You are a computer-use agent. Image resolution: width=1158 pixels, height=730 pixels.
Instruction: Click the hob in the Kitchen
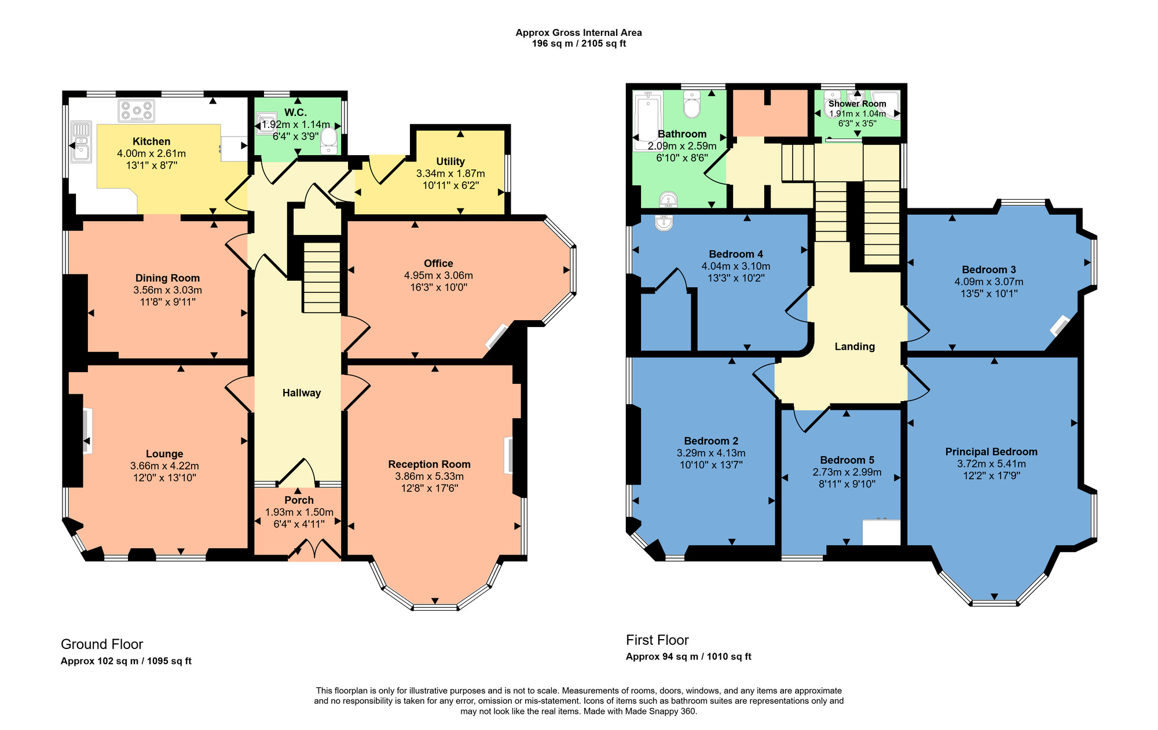137,111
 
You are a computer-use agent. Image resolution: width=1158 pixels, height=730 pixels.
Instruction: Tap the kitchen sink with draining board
81,142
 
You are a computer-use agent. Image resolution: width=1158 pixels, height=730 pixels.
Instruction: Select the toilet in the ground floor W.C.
329,141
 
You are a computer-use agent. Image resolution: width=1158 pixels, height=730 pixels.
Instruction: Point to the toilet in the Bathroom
692,104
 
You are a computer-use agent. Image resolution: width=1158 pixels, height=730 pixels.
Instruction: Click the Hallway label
302,393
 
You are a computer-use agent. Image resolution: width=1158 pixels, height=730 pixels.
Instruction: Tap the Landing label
855,347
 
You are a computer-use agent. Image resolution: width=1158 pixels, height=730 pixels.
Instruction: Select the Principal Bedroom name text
991,452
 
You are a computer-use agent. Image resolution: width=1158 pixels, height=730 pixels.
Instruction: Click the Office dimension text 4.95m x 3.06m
438,276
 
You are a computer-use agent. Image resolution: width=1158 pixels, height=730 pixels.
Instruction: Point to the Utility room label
450,162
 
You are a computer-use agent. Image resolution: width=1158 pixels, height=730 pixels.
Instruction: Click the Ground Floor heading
102,644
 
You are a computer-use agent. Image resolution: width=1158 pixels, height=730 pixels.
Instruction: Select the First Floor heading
657,640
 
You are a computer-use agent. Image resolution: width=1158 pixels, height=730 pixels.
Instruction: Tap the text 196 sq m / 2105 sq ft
579,43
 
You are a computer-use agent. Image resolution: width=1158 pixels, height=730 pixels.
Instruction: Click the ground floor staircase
322,277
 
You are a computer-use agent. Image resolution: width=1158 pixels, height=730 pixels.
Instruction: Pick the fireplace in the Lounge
86,431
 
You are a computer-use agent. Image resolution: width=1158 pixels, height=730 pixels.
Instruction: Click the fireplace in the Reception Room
509,456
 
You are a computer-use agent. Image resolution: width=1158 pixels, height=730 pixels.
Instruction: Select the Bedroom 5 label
847,460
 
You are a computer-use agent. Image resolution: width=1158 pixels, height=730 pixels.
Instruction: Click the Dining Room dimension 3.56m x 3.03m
167,290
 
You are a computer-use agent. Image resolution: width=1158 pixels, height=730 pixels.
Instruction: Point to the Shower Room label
857,104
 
